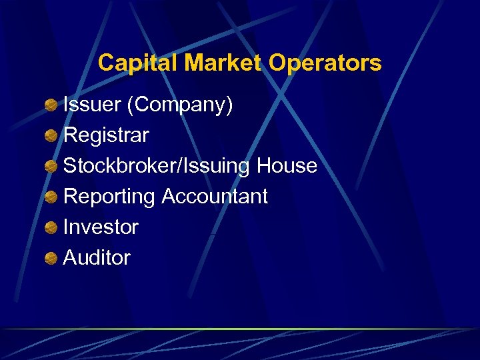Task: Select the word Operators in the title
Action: click(x=325, y=63)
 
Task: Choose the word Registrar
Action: click(x=106, y=135)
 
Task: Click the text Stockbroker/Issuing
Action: click(x=156, y=166)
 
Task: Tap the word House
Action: click(x=287, y=166)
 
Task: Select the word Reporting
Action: click(x=109, y=197)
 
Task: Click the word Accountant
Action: click(x=215, y=197)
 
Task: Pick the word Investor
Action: click(x=101, y=227)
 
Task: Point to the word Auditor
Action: click(x=97, y=258)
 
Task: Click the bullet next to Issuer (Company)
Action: click(x=51, y=105)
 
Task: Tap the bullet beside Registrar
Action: click(x=51, y=136)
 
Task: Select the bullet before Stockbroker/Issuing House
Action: click(x=51, y=167)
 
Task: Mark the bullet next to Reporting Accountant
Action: click(x=51, y=197)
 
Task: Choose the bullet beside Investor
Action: click(x=51, y=228)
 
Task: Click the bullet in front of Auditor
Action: click(x=51, y=259)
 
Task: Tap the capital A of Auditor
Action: click(x=69, y=258)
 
